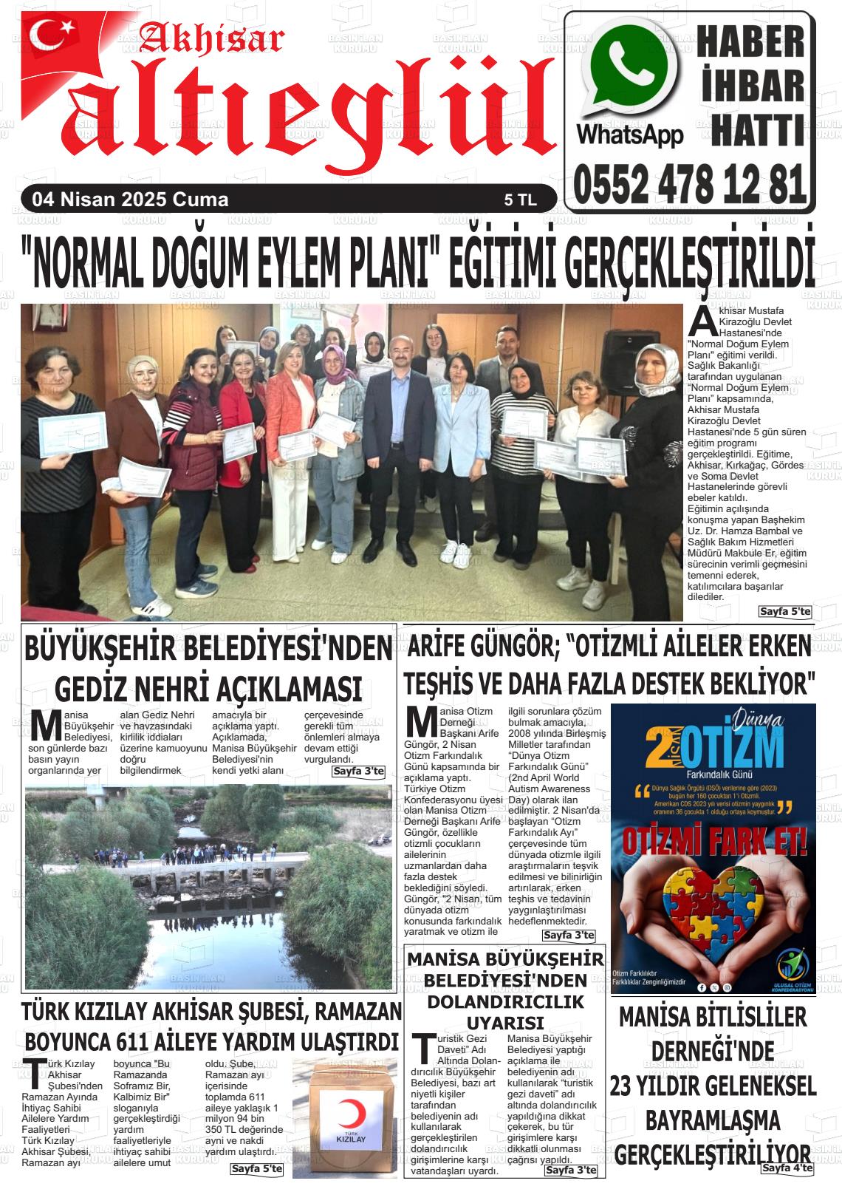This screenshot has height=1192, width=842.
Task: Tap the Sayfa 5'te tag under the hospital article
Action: coord(784,612)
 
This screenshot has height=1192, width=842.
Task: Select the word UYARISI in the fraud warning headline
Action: coord(507,1023)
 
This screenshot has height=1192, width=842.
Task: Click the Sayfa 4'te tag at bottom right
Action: coord(787,1168)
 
